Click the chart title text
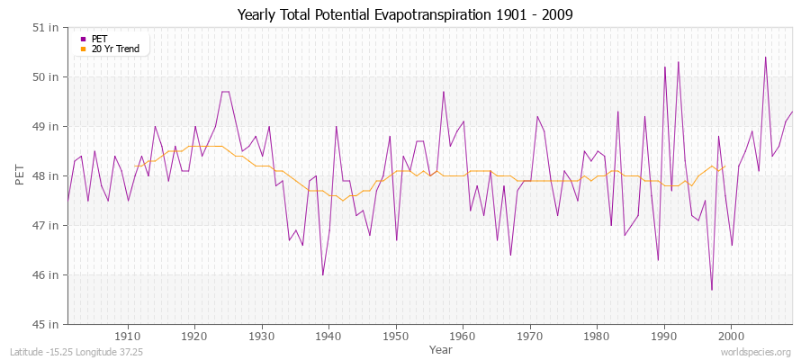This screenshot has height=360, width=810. [x=405, y=14]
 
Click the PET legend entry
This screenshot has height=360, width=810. [x=100, y=39]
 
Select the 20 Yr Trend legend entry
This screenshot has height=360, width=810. [x=116, y=49]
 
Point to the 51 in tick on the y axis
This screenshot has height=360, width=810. [x=48, y=27]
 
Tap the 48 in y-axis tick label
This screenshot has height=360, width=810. [x=48, y=175]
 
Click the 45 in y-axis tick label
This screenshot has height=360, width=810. [x=48, y=324]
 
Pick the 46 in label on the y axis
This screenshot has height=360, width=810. [x=48, y=274]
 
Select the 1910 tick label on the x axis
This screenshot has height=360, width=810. [x=128, y=336]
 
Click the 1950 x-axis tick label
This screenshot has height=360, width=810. [x=396, y=336]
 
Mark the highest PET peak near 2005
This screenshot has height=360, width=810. [x=765, y=58]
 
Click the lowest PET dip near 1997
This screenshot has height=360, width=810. [x=712, y=290]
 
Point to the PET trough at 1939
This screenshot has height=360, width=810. [x=323, y=274]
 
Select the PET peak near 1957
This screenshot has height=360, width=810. [x=444, y=92]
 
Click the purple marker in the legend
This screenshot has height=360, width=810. [x=84, y=39]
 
